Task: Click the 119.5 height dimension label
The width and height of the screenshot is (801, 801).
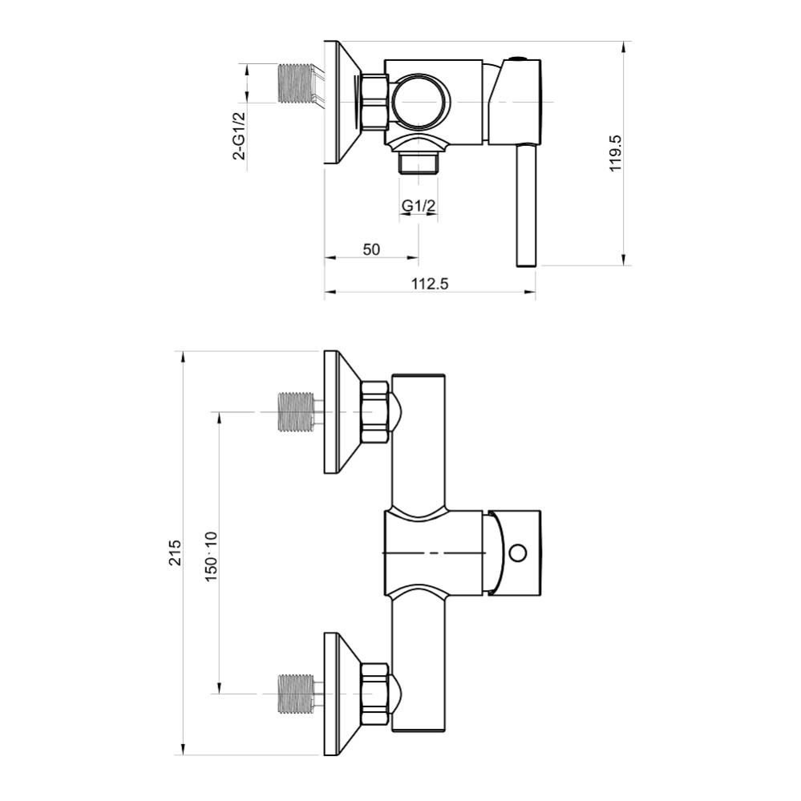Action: pyautogui.click(x=616, y=153)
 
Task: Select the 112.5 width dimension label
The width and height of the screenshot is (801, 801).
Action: pyautogui.click(x=430, y=282)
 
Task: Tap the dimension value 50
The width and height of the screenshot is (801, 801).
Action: pyautogui.click(x=370, y=249)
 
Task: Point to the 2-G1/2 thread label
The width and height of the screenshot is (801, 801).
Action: pyautogui.click(x=239, y=136)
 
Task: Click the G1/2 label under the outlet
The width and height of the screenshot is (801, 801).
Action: pyautogui.click(x=419, y=206)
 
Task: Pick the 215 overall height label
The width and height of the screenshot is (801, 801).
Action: pyautogui.click(x=175, y=553)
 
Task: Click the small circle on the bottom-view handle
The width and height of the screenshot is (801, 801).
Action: pyautogui.click(x=517, y=552)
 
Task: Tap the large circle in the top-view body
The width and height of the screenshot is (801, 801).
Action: pyautogui.click(x=420, y=103)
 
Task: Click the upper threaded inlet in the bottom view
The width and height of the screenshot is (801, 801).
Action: pyautogui.click(x=295, y=412)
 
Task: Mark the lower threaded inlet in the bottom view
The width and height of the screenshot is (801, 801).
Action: pyautogui.click(x=295, y=694)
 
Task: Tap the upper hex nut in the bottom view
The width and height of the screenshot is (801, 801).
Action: pyautogui.click(x=375, y=412)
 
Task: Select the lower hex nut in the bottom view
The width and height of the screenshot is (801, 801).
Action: pyautogui.click(x=375, y=694)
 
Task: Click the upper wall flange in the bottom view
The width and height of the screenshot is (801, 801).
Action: pyautogui.click(x=338, y=412)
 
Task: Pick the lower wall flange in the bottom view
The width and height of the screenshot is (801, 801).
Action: pyautogui.click(x=338, y=694)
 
